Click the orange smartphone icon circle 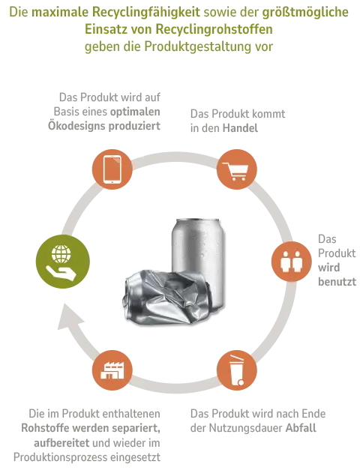click(112, 169)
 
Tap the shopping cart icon click(235, 172)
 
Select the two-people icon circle click(292, 261)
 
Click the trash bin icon click(237, 370)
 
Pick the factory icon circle click(112, 370)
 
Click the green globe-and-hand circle click(63, 262)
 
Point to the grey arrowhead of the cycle click(70, 317)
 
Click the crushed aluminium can click(166, 297)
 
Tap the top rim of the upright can click(198, 220)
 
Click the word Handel click(240, 128)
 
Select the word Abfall click(301, 428)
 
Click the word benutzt click(337, 282)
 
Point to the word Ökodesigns click(76, 126)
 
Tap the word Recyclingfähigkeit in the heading click(146, 13)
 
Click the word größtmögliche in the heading click(305, 13)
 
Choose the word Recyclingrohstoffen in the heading click(214, 29)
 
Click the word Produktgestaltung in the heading click(197, 46)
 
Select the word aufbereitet click(61, 442)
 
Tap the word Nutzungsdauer click(246, 428)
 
